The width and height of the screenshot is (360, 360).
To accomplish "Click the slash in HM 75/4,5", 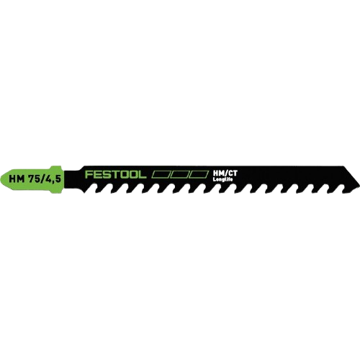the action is point(42,179).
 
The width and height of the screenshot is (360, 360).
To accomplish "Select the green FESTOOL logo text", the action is point(115,174).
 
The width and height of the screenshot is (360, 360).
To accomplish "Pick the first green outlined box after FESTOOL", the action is point(160,174).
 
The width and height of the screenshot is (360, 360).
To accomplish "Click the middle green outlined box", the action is point(179,174).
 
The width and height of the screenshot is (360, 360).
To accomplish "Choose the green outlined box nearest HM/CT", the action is point(199,174).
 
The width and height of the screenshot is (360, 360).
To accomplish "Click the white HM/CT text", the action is point(225,174).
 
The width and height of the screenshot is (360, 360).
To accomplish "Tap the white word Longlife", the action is point(222,179).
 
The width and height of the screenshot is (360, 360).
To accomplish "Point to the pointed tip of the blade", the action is point(359,185).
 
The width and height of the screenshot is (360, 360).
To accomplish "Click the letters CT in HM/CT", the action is point(231,174).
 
